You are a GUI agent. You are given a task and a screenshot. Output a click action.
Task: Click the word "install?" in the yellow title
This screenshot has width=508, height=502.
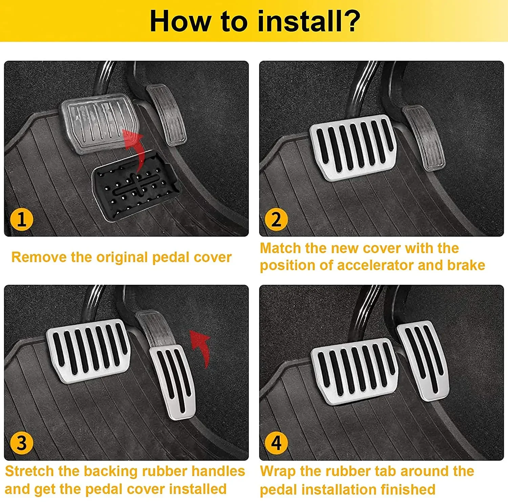tap(309, 21)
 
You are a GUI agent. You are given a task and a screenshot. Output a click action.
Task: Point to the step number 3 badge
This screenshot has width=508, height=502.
tap(22, 443)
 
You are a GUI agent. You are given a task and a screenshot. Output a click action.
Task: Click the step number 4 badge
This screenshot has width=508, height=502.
tap(276, 443)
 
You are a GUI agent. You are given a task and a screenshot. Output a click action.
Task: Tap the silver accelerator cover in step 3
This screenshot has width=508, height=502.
tap(173, 382)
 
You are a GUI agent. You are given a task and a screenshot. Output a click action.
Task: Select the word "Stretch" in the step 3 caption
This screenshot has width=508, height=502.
tap(29, 471)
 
